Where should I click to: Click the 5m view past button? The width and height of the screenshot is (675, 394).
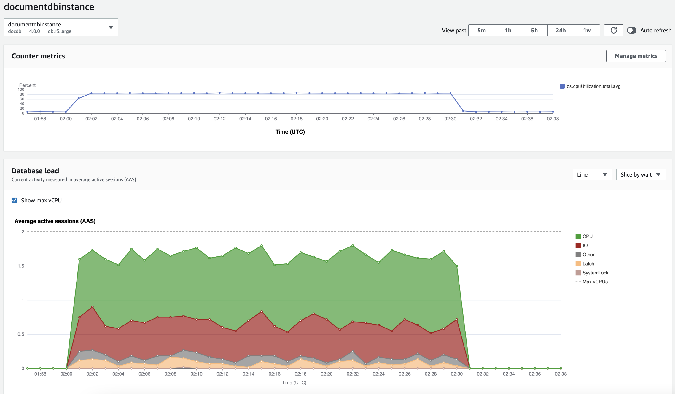(481, 30)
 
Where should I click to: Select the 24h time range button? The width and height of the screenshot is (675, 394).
(561, 30)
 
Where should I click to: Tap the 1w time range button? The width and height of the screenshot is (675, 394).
(587, 30)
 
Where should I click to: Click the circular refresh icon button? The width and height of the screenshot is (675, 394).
(614, 30)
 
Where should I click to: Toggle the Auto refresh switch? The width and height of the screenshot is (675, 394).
(632, 30)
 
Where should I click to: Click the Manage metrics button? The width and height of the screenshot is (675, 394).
(636, 56)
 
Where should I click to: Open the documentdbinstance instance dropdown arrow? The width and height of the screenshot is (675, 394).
(111, 27)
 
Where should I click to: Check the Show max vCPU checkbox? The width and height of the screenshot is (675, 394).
(15, 200)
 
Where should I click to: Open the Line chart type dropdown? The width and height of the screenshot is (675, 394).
(592, 174)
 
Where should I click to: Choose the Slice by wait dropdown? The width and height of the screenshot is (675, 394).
(641, 174)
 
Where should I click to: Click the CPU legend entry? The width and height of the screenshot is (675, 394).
(587, 236)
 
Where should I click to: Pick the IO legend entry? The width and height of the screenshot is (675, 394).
(585, 245)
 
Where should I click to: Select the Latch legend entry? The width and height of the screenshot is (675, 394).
(588, 264)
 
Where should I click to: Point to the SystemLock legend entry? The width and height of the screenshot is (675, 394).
(595, 273)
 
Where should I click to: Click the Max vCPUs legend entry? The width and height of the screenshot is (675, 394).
(595, 282)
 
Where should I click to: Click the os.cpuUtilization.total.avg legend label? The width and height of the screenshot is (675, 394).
(593, 86)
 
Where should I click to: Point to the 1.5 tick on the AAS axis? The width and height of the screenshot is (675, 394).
(21, 266)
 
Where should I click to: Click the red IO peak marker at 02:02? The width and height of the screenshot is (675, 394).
(93, 307)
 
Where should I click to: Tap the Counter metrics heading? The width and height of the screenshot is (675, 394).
(38, 56)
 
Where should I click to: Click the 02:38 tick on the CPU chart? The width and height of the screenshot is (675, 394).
(553, 119)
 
